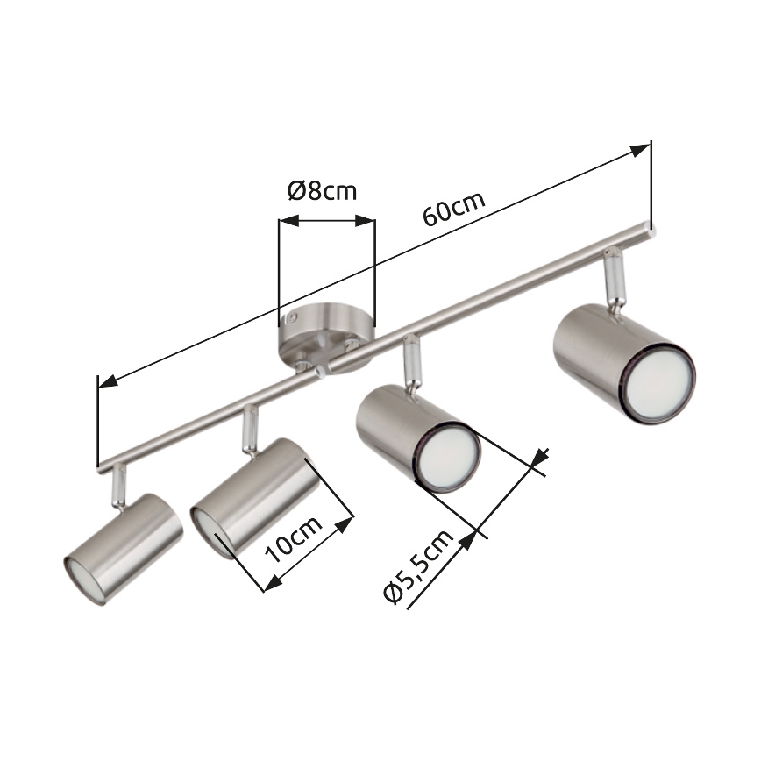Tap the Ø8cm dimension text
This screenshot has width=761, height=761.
click(x=323, y=190)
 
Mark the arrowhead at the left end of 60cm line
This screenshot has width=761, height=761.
click(x=107, y=381)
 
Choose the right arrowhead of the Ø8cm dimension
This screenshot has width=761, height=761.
click(x=368, y=223)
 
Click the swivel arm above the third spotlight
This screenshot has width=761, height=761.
click(x=409, y=362)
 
